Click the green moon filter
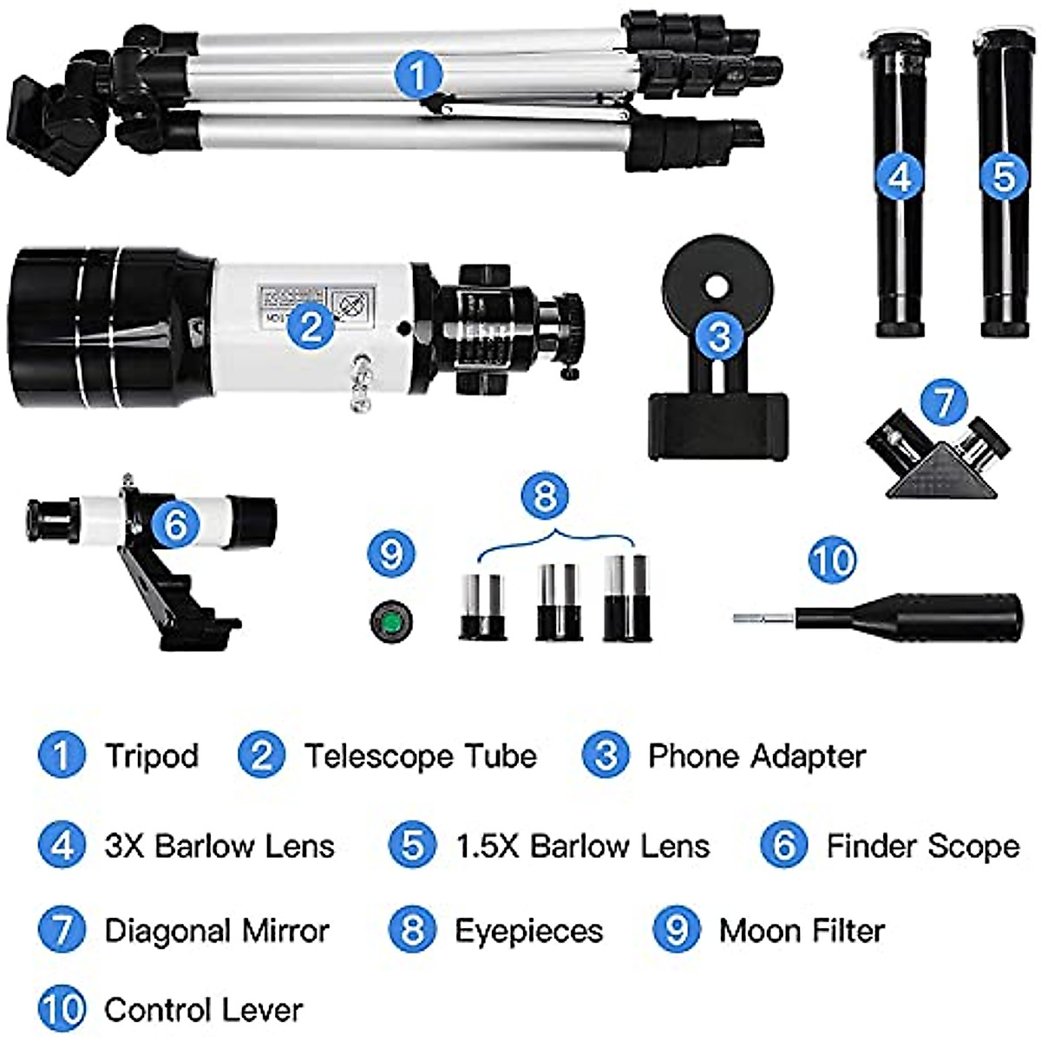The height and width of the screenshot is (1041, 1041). (391, 622)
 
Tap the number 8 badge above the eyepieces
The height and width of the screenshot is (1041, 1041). (545, 496)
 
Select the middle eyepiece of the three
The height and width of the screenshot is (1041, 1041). (558, 602)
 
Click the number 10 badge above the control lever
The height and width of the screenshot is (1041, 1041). (832, 560)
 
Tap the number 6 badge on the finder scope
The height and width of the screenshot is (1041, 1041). (175, 524)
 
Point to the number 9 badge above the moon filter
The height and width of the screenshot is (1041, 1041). (391, 553)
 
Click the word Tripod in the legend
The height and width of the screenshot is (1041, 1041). (152, 756)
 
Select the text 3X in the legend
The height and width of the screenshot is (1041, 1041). (124, 846)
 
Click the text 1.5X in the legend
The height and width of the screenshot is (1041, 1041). (488, 846)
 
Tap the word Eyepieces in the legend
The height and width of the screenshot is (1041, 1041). (528, 931)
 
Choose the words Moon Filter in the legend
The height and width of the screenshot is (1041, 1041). (802, 931)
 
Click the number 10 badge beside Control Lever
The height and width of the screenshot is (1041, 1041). (62, 1010)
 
